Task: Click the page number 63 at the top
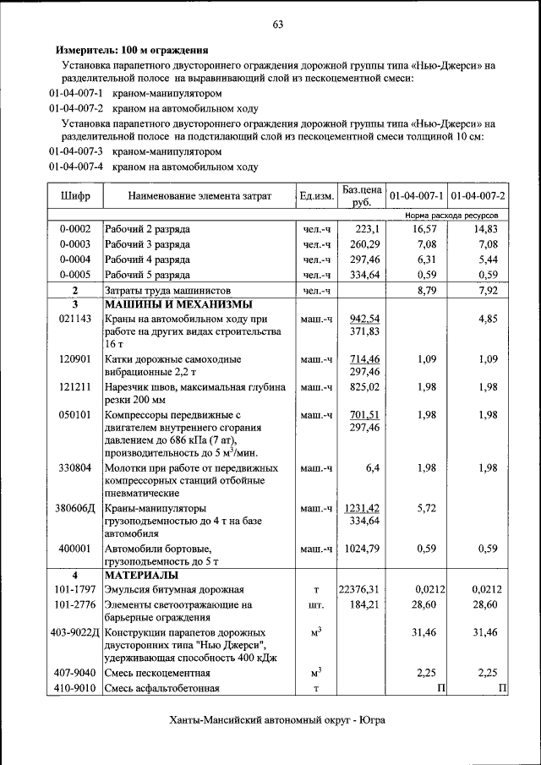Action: (x=277, y=24)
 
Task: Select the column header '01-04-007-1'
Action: (x=416, y=196)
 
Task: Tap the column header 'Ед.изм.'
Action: (x=316, y=196)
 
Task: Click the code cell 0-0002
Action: (x=75, y=229)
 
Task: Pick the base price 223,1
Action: (x=368, y=229)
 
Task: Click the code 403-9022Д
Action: (x=75, y=632)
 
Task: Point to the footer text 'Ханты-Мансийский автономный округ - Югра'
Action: (x=276, y=720)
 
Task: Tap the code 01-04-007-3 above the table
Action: (x=76, y=152)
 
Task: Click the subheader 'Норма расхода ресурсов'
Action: (x=451, y=216)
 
